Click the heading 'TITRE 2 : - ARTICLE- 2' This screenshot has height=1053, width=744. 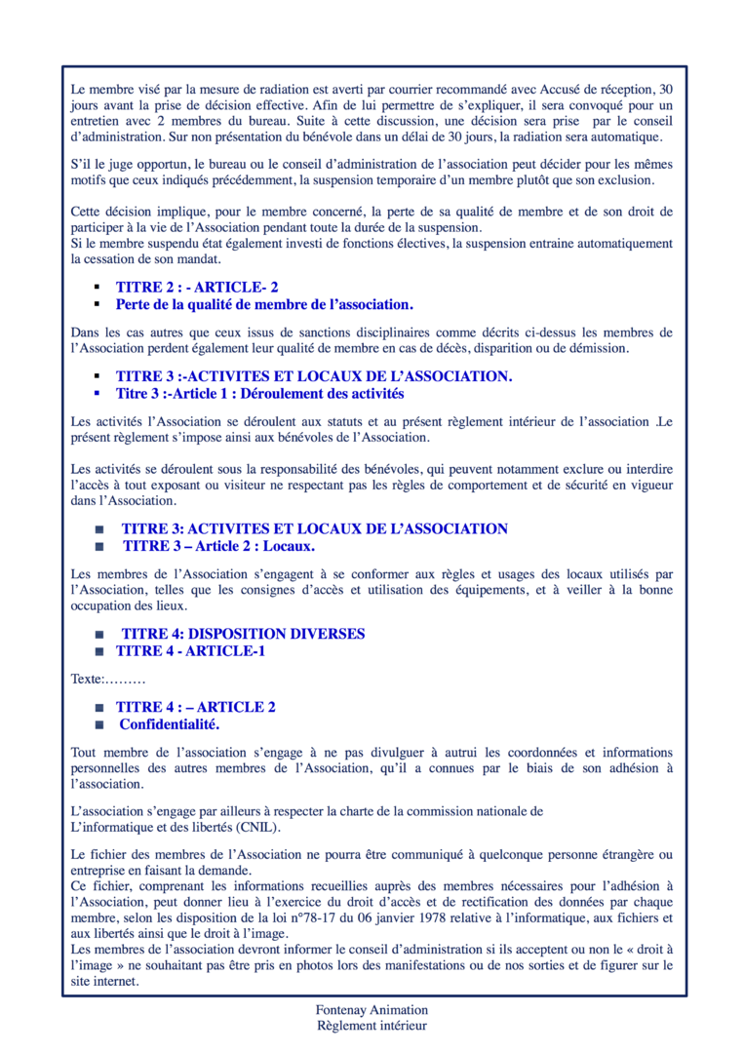click(197, 288)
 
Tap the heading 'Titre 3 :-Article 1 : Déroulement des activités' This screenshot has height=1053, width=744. click(259, 394)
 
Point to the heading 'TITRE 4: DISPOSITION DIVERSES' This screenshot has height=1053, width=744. click(243, 634)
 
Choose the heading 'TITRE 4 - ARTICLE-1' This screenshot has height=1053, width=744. click(190, 650)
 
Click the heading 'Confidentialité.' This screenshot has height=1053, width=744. click(169, 724)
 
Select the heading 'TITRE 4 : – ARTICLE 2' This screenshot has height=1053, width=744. click(195, 707)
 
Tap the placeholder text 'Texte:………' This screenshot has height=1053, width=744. click(108, 677)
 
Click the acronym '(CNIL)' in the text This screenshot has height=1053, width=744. click(256, 827)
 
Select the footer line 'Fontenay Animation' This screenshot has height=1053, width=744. click(372, 1010)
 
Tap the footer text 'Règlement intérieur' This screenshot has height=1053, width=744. click(372, 1026)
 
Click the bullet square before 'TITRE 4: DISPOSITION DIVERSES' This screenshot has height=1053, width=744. click(98, 635)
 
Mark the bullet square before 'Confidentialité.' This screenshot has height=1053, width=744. click(98, 725)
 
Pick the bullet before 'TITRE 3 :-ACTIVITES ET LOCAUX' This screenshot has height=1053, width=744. click(98, 376)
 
